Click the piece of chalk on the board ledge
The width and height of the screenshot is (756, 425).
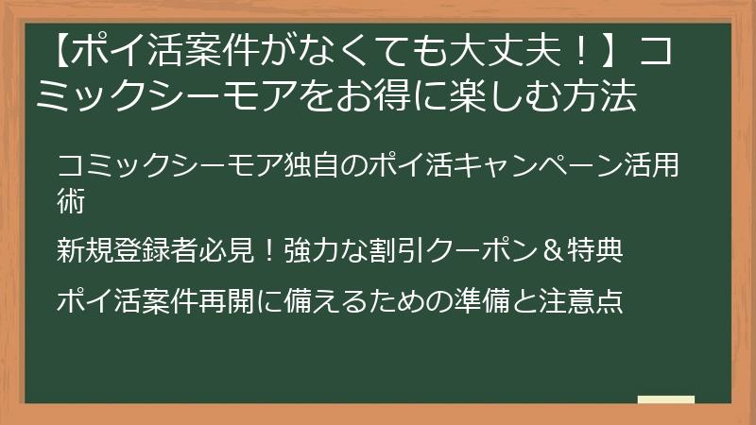[x=665, y=400]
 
